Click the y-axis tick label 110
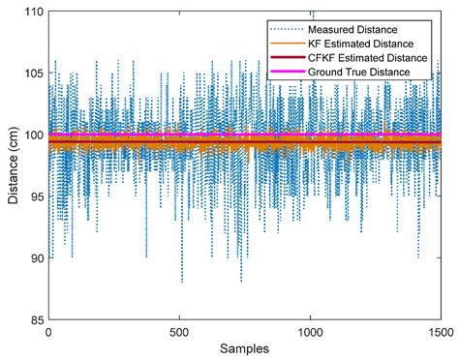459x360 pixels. click(x=32, y=12)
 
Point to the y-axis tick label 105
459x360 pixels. click(x=32, y=73)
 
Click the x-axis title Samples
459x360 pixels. click(x=244, y=347)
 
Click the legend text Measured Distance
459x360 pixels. click(x=373, y=27)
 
